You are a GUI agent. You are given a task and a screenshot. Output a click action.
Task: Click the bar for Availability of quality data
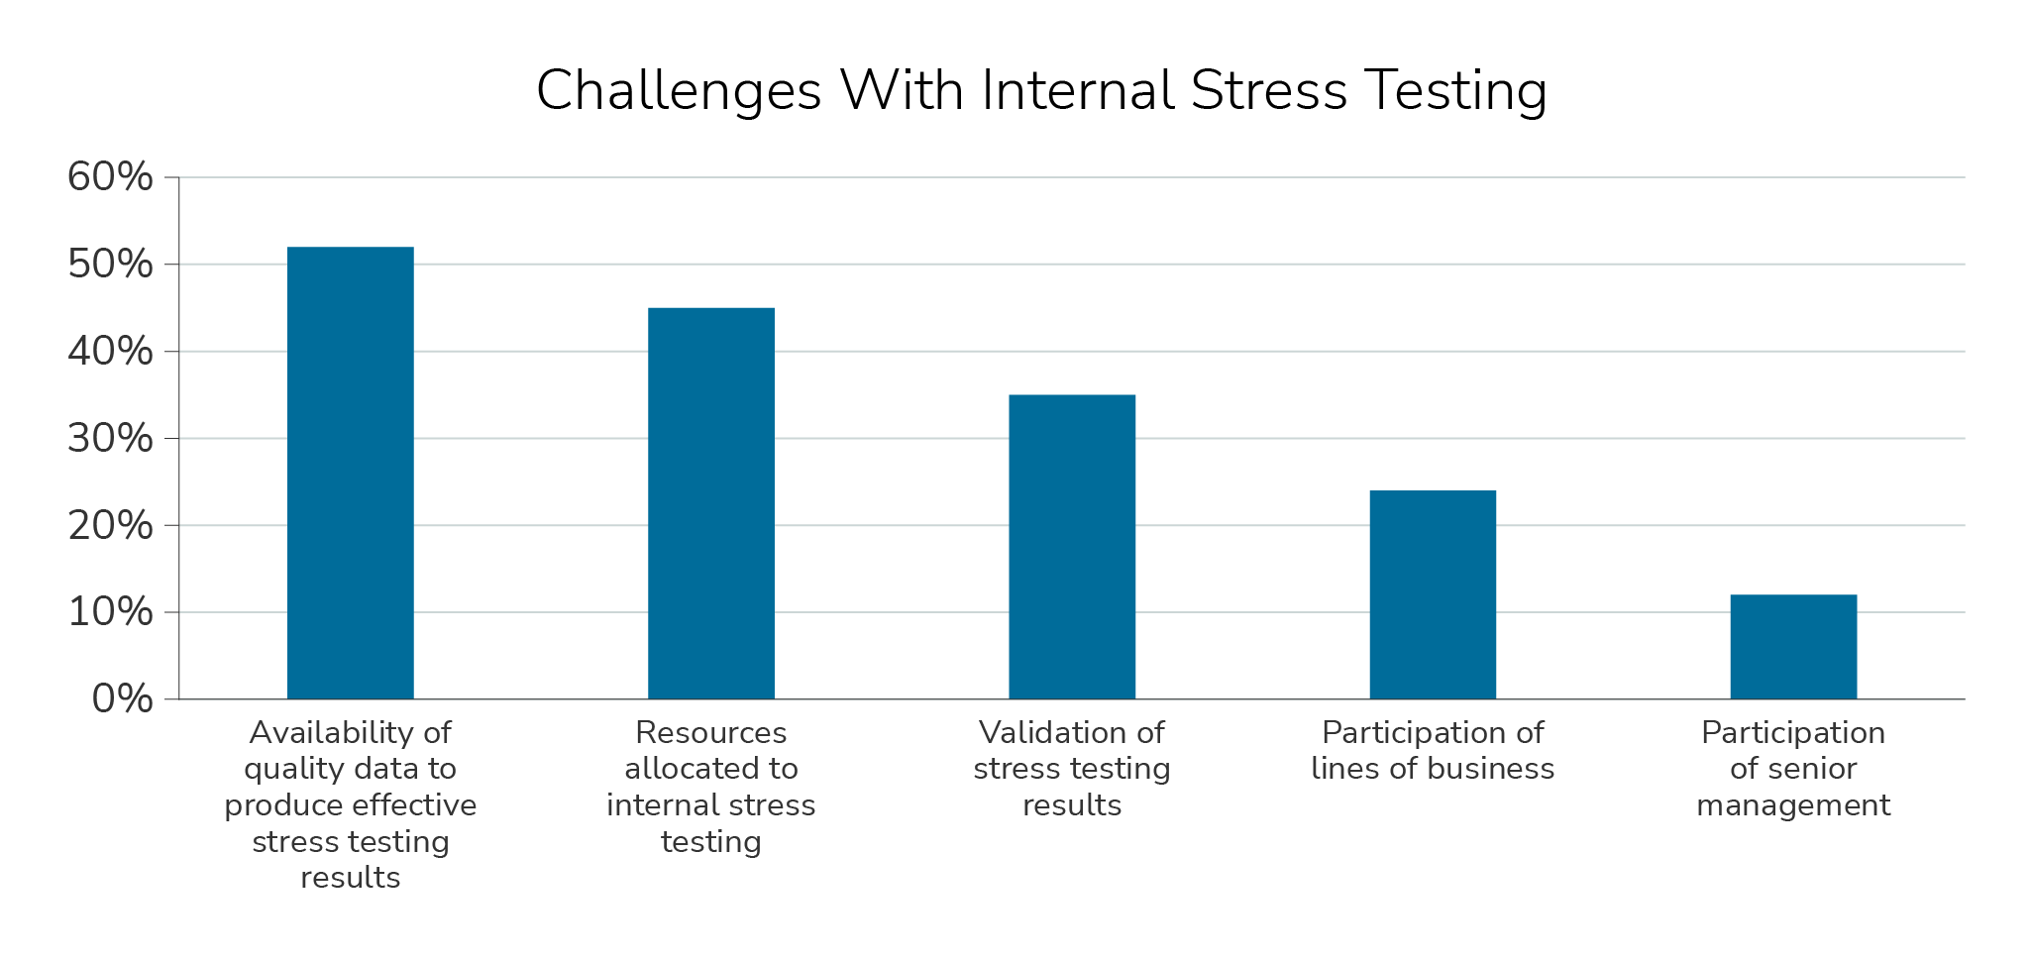click(350, 473)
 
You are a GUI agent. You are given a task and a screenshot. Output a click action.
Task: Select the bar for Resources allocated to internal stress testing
click(710, 503)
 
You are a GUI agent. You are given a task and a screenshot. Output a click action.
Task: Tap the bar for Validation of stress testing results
click(1071, 547)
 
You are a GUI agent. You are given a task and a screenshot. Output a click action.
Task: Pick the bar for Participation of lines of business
click(1432, 594)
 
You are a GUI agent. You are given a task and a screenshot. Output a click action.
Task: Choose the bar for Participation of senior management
click(1792, 647)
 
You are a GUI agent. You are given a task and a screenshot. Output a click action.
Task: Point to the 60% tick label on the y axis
click(110, 177)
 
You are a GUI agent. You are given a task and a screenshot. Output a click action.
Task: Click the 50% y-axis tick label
click(110, 265)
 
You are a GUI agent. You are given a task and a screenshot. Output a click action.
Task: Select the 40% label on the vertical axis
click(110, 352)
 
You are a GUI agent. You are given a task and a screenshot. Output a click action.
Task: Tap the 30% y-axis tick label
click(110, 438)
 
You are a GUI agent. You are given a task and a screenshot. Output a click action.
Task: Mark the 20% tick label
click(110, 525)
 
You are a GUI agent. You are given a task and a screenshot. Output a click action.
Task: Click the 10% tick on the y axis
click(110, 612)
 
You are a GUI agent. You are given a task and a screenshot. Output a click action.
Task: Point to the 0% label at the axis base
click(122, 699)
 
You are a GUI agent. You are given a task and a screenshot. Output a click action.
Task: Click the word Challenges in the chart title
click(679, 91)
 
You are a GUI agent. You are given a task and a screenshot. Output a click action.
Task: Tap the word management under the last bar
click(1792, 805)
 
